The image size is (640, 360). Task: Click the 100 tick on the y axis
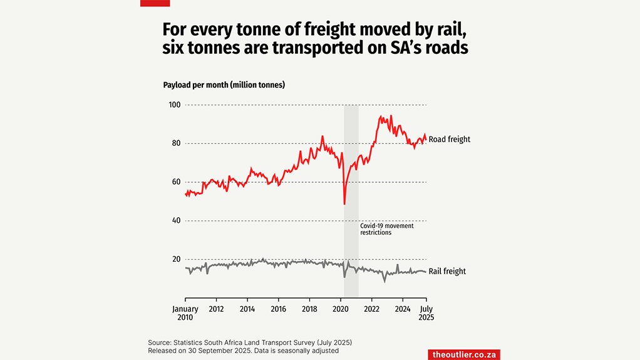point(173,105)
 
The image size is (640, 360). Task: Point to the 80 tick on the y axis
point(175,143)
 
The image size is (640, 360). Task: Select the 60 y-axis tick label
point(175,182)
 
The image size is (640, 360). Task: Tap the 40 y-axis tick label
point(175,220)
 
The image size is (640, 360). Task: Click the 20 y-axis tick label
point(175,259)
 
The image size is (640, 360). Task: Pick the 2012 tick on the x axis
point(217,309)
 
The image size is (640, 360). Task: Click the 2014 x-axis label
point(247,309)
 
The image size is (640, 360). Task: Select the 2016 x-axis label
point(279,309)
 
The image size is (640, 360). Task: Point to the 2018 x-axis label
point(309,309)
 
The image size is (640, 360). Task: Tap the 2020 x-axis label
point(341,309)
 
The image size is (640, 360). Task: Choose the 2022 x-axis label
point(372,309)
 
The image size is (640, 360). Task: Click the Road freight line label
point(449,139)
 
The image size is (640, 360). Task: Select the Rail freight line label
point(447,271)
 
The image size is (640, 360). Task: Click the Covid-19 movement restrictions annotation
point(386,229)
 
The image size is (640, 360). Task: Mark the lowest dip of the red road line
point(344,203)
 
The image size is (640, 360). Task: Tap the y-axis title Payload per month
point(224,85)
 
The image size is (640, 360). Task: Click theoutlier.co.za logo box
point(464,354)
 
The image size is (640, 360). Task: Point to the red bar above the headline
point(155,3)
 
